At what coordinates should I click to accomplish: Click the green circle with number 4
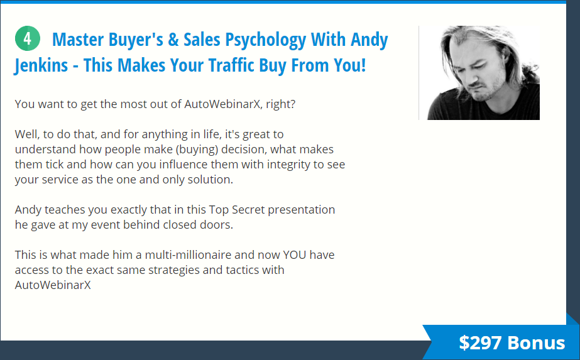[28, 38]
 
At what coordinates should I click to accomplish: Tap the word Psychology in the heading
[266, 40]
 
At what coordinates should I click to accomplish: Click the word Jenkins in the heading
[41, 65]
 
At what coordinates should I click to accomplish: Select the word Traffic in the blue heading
[231, 65]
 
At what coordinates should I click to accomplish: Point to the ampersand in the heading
[173, 40]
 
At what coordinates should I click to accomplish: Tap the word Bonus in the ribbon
[537, 342]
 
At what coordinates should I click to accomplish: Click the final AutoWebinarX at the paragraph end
[53, 285]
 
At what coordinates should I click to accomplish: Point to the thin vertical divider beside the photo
[419, 73]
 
